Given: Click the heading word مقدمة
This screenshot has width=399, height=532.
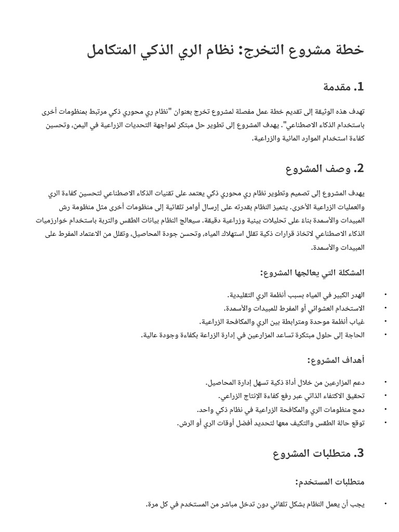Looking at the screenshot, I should click(x=332, y=87).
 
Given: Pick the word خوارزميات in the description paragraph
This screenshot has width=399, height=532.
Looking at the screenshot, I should click(x=60, y=220).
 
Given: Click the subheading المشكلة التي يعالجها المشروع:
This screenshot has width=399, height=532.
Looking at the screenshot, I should click(x=312, y=272).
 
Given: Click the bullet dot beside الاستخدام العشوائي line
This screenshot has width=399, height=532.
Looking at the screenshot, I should click(x=385, y=309).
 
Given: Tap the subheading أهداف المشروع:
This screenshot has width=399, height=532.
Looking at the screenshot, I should click(x=336, y=360).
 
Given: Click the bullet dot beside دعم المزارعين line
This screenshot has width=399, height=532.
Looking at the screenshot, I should click(x=385, y=383).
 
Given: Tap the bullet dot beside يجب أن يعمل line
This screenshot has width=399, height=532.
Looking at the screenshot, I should click(x=385, y=504).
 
